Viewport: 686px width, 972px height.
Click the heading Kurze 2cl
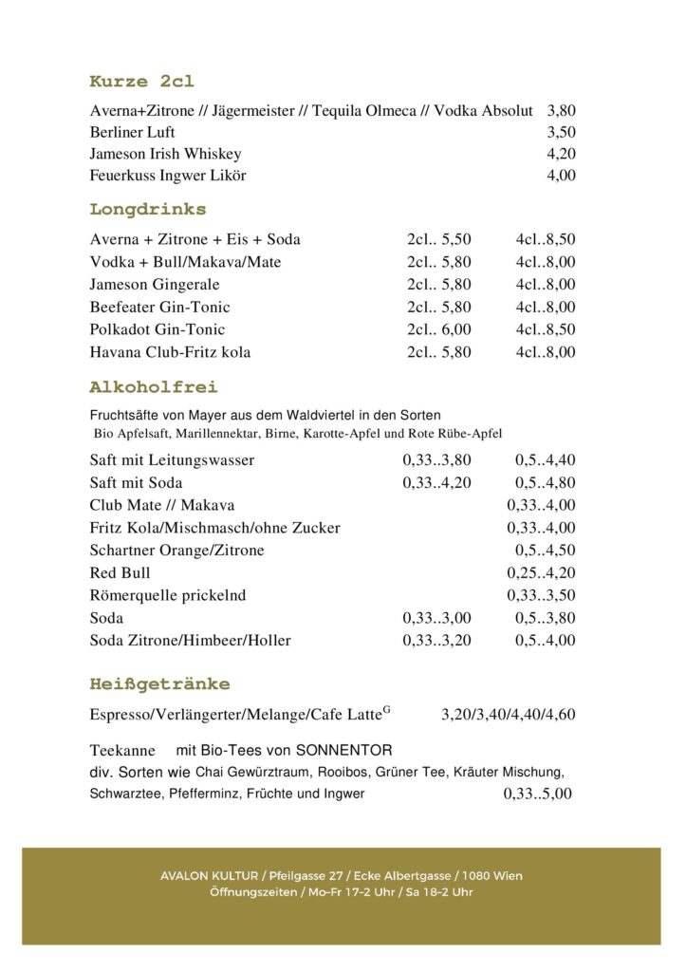[141, 82]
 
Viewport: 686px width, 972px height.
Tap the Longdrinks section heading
[148, 209]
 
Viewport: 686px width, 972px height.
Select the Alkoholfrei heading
[154, 387]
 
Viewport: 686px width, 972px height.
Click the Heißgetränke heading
[159, 684]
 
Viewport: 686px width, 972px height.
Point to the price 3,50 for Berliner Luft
[561, 133]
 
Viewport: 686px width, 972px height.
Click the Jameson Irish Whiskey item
[165, 154]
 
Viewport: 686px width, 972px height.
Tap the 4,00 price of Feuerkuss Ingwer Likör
[561, 176]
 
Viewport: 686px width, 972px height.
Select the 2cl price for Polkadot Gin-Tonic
[439, 330]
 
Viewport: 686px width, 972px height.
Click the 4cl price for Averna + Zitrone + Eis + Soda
[546, 239]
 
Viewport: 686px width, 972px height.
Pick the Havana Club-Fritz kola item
[170, 353]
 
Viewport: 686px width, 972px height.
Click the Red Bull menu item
[120, 573]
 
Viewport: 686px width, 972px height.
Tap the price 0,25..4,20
[541, 573]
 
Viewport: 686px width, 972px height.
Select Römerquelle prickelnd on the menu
[167, 596]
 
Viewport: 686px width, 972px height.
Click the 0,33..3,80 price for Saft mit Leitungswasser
[436, 460]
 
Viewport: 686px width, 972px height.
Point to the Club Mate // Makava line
[161, 505]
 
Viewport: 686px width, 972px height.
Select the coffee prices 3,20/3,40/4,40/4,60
[508, 715]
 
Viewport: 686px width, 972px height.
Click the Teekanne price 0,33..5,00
[537, 794]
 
